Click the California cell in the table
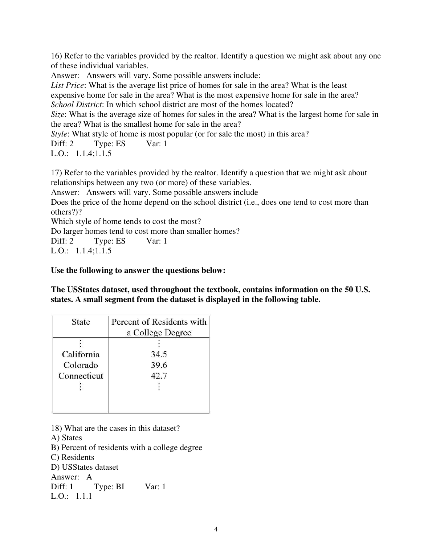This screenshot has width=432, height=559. coord(81,354)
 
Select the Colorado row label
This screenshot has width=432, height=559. coord(81,365)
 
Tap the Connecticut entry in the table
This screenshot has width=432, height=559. coord(81,376)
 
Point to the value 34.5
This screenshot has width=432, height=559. coord(159,354)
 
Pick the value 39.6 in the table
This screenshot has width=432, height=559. coord(159,365)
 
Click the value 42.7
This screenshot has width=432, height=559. coord(159,376)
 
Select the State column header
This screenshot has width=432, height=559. coord(81,322)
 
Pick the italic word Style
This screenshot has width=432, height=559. coord(59,134)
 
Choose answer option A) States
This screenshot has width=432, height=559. coord(66,438)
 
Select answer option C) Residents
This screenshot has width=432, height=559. coord(72,457)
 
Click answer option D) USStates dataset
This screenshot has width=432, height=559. coord(85,467)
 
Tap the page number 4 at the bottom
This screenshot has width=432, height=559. coord(216,529)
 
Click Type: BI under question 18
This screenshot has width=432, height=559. coord(109,487)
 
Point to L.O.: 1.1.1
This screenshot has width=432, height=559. coord(72,497)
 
